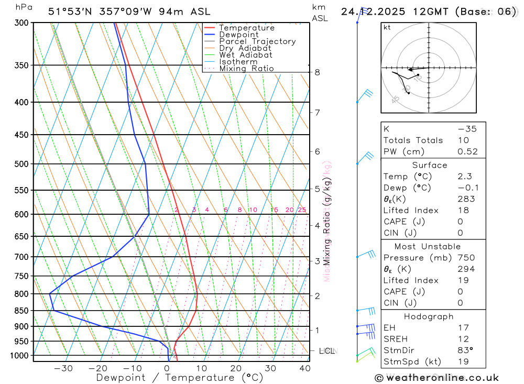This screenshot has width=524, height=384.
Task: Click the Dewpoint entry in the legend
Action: [x=238, y=35]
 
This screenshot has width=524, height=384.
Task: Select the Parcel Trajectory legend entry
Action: [x=257, y=41]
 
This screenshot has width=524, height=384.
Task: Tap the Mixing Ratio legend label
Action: [x=246, y=69]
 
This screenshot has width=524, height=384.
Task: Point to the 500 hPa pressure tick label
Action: [x=21, y=164]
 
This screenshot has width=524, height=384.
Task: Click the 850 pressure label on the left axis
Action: [x=21, y=311]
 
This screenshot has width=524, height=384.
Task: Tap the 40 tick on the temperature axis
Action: [x=305, y=368]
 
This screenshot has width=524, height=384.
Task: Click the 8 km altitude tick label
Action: [x=317, y=72]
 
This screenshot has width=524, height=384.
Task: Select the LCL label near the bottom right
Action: [x=327, y=350]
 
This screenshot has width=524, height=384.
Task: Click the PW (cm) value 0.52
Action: [x=467, y=151]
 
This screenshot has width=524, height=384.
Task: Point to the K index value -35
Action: [x=467, y=129]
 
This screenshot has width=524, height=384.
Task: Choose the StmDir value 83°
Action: [x=465, y=350]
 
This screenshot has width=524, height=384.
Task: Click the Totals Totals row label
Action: [x=413, y=140]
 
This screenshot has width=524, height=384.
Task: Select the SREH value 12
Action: [x=463, y=339]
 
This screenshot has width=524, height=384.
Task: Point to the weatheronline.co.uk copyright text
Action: [x=436, y=378]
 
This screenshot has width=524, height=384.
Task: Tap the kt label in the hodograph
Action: [x=387, y=28]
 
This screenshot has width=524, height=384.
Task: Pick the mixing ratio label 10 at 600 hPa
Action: [x=253, y=210]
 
